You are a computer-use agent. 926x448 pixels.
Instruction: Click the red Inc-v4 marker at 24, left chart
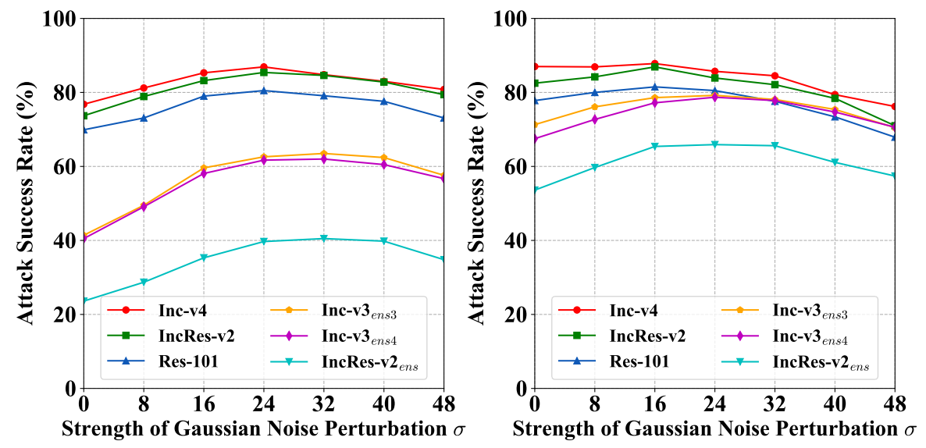point(264,67)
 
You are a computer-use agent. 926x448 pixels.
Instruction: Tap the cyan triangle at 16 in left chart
point(204,258)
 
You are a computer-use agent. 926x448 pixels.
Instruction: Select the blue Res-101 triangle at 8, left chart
point(144,118)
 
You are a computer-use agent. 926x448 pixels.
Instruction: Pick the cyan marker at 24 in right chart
point(715,144)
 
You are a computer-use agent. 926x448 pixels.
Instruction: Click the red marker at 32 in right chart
point(775,76)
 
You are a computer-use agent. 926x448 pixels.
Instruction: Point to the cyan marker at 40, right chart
point(835,162)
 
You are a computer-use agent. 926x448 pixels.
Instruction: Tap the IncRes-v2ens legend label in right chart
point(823,362)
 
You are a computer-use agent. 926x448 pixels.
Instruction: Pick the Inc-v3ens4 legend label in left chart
point(364,337)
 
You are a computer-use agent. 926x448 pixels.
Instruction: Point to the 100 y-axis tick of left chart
point(61,18)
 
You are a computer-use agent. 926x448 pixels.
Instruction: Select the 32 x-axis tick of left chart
point(324,404)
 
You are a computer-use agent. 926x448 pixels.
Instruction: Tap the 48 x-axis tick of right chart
point(895,404)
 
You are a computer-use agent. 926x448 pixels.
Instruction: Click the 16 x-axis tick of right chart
point(655,404)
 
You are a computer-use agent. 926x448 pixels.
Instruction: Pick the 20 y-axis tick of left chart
point(66,315)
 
